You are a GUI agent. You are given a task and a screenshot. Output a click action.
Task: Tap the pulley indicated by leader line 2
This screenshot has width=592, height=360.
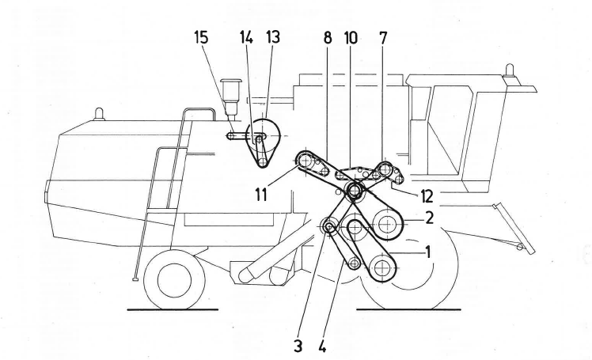[x=387, y=226]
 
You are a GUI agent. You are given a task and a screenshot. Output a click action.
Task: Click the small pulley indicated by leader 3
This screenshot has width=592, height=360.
[x=329, y=228]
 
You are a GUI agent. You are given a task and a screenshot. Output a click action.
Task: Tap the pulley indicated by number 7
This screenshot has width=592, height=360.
[x=385, y=169]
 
